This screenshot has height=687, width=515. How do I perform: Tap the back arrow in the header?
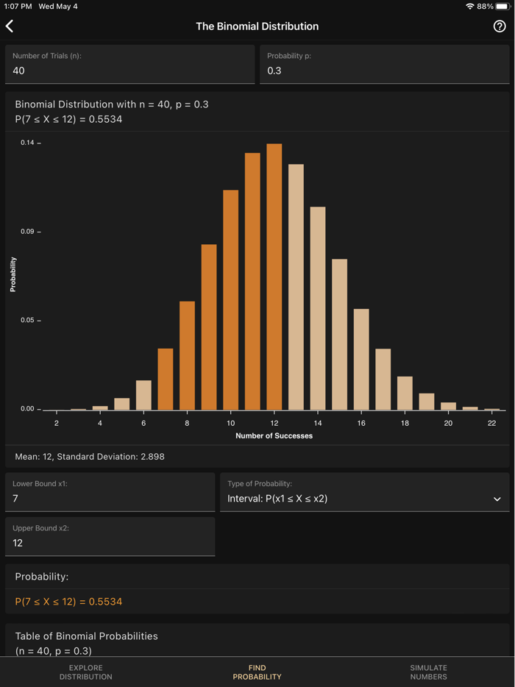click(10, 26)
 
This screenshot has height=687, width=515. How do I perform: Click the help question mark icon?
click(500, 26)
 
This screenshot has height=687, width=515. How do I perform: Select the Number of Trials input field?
click(130, 65)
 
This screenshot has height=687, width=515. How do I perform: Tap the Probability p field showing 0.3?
click(384, 65)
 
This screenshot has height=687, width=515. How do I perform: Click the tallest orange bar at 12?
click(274, 277)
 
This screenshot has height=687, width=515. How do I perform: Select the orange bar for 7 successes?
click(166, 379)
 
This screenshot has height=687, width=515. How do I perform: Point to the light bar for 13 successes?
click(296, 287)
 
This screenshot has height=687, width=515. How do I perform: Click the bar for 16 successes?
click(361, 359)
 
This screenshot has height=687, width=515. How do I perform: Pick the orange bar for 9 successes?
click(209, 327)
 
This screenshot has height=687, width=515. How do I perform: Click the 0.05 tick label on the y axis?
click(27, 320)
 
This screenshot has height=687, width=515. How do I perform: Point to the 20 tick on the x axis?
click(448, 423)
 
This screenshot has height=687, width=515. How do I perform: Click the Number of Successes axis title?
click(274, 436)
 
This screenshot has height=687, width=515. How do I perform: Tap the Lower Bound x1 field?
click(110, 492)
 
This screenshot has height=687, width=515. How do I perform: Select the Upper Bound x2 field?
click(110, 536)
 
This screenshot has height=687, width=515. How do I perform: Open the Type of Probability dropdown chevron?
click(497, 499)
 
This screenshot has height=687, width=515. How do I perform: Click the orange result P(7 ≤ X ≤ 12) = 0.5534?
click(68, 602)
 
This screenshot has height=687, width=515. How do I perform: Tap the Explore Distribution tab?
click(86, 672)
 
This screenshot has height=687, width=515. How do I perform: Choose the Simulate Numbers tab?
click(428, 672)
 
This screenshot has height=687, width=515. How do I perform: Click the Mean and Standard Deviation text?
click(90, 457)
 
